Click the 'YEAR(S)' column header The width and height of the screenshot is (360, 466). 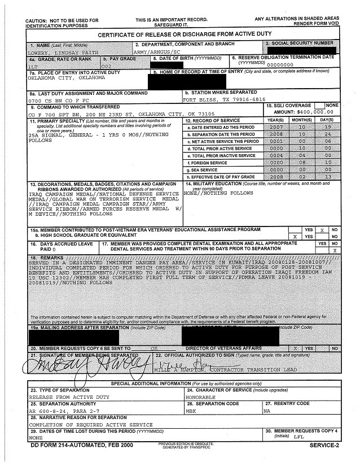tap(275, 121)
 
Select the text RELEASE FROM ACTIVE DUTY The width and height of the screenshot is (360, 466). tap(63, 397)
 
